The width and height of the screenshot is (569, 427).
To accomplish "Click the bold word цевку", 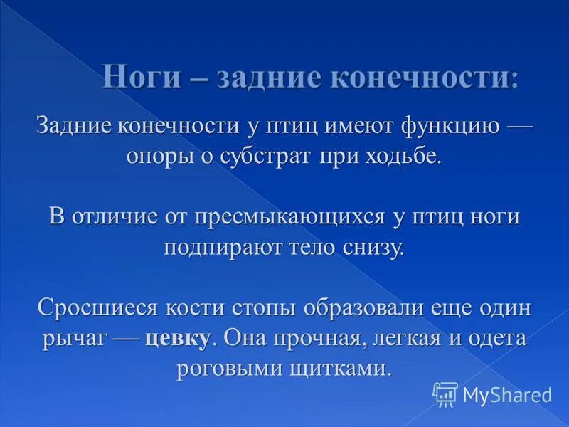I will (x=177, y=339).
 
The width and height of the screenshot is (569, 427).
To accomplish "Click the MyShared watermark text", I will (x=506, y=394).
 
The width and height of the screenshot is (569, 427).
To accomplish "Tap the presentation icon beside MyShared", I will (x=445, y=394).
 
